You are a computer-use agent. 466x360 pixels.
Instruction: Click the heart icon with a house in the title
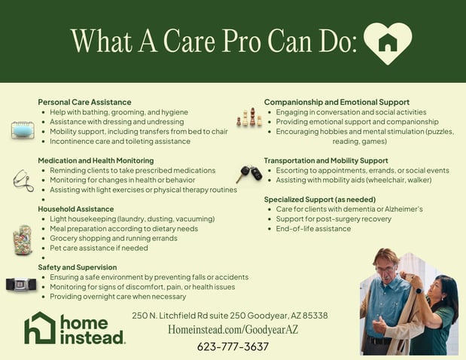click(x=388, y=42)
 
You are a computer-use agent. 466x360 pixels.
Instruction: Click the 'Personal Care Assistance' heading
click(x=84, y=102)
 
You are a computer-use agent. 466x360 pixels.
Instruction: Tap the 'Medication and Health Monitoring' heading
click(x=96, y=160)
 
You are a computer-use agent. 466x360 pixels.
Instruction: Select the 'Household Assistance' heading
click(x=76, y=209)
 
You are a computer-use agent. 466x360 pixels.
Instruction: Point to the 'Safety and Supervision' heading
click(x=78, y=267)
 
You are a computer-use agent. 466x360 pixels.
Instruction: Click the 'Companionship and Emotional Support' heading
click(x=337, y=102)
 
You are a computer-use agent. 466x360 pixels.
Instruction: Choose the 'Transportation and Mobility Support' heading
click(x=326, y=160)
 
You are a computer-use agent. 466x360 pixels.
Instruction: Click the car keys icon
click(x=249, y=173)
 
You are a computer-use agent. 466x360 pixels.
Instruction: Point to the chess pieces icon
click(x=249, y=118)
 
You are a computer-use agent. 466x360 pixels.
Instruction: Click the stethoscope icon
click(x=23, y=180)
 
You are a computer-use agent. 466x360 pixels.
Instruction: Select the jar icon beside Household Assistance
click(x=23, y=240)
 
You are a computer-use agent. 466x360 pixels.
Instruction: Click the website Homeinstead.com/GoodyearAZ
click(x=233, y=330)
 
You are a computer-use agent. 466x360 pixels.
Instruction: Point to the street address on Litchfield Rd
click(x=230, y=316)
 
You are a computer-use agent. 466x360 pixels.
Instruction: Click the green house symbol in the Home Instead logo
click(x=39, y=328)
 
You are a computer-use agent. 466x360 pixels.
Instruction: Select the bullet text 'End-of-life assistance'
click(x=313, y=228)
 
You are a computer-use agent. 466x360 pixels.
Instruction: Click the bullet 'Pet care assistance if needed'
click(x=99, y=248)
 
